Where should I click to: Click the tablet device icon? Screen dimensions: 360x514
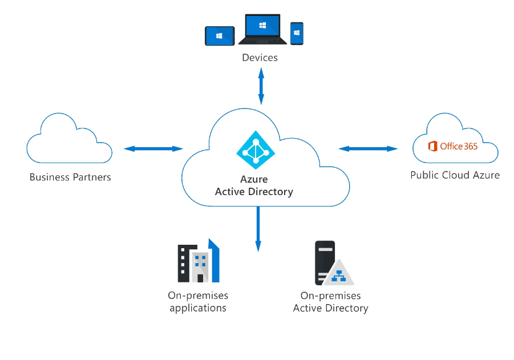pos(220,35)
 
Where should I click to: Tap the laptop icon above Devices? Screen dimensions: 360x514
pos(262,29)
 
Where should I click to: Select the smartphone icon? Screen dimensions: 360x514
pos(297,34)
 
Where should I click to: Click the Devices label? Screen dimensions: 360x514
pos(260,58)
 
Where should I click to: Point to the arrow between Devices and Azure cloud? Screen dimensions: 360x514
pos(261,86)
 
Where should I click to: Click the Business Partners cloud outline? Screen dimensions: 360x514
pos(69,139)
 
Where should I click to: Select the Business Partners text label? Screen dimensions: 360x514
pos(70,177)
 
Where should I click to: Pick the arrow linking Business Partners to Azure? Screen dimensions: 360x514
pos(153,149)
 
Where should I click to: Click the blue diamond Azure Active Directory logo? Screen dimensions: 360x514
pos(256,150)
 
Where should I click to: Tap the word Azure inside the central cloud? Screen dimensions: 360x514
pos(254,180)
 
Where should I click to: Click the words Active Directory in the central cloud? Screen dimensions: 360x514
pos(254,192)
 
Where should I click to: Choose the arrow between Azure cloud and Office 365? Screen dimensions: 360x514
pos(368,149)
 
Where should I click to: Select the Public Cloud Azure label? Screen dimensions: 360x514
pos(455,175)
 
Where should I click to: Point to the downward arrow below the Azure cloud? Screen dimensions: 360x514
pos(258,228)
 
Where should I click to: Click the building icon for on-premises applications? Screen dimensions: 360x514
pos(198,262)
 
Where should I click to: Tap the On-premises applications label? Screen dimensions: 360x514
pos(198,302)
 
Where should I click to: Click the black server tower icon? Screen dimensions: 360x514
pos(325,261)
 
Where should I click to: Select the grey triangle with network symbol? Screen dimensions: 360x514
pos(339,273)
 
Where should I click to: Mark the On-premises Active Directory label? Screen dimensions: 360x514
pos(330,302)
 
